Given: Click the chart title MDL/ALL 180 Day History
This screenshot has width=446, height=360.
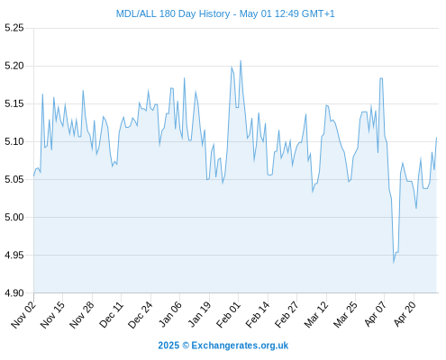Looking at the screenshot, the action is (x=173, y=13).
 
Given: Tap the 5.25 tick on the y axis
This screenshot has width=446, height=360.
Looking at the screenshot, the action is (x=14, y=28).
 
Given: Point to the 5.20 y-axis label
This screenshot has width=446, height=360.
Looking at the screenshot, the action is (x=14, y=66).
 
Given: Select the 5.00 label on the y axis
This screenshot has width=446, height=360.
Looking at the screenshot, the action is (x=14, y=217).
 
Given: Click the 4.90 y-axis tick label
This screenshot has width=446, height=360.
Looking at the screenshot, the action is (x=14, y=292).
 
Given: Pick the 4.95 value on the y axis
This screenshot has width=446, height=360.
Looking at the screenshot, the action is (x=14, y=255).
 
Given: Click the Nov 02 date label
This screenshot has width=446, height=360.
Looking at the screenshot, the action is (x=23, y=315).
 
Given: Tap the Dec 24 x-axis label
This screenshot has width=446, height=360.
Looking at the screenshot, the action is (x=141, y=315).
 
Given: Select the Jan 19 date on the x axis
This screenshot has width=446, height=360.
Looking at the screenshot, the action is (x=199, y=315).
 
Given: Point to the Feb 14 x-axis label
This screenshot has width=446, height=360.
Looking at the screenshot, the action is (x=258, y=315).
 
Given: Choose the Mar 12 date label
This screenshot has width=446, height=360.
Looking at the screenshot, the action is (x=316, y=315).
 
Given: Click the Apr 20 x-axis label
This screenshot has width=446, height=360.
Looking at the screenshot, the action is (x=405, y=315).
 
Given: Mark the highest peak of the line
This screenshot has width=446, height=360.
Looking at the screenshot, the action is (x=241, y=61).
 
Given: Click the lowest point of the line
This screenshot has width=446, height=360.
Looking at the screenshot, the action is (x=394, y=263).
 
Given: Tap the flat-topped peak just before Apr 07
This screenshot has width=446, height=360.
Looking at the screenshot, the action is (x=381, y=78).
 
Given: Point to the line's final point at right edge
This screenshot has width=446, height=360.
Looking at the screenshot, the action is (x=436, y=138).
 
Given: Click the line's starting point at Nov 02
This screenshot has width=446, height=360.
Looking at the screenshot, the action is (x=33, y=176).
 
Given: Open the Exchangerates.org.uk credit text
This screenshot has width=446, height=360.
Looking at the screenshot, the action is (x=240, y=346).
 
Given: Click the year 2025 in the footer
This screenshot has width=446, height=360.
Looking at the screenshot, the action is (x=168, y=346).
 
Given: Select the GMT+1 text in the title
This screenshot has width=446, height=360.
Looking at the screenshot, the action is (x=318, y=13).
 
